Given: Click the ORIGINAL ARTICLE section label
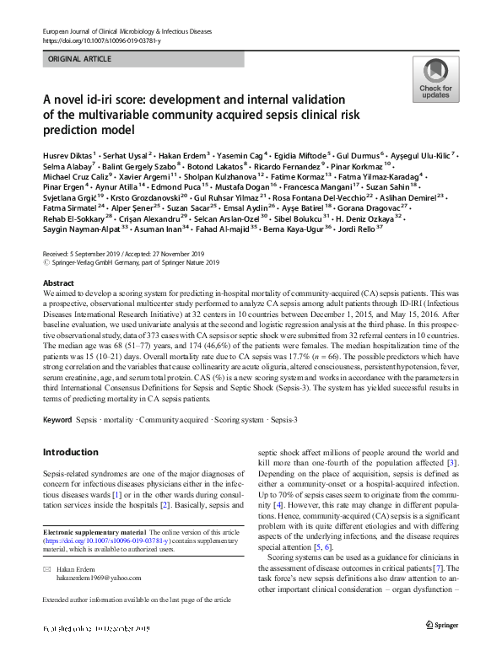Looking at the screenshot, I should (x=79, y=61).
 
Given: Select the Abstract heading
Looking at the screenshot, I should (x=58, y=283).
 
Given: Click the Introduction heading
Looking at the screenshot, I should (x=70, y=452).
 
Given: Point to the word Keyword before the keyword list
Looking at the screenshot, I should (x=57, y=419).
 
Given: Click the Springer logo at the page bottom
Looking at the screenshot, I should (x=442, y=648).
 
